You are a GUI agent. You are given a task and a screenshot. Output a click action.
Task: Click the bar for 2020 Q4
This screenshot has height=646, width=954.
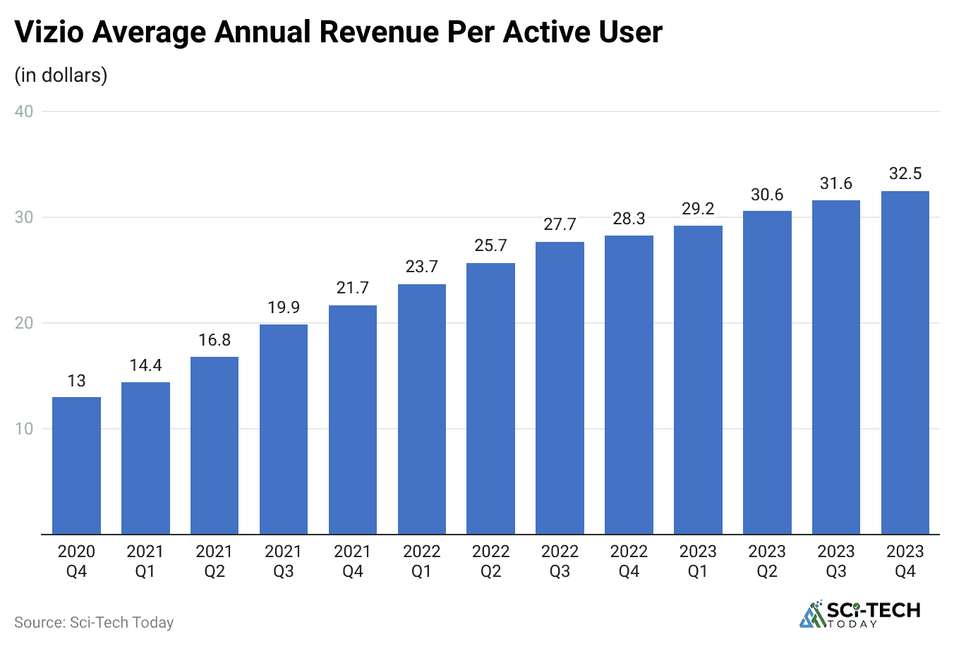point(76,465)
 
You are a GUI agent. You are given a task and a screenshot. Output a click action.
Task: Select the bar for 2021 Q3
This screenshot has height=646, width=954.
point(284,429)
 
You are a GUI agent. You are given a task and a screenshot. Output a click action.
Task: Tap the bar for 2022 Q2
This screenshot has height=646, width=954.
point(490,398)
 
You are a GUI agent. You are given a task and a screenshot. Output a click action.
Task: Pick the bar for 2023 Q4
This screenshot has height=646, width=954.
point(905,362)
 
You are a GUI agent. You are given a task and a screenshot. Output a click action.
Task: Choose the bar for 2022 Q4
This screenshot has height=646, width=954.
point(629,384)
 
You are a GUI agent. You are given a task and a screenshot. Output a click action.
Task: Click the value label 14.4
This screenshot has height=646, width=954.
point(145,365)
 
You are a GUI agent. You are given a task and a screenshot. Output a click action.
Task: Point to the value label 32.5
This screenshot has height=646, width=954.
point(905,173)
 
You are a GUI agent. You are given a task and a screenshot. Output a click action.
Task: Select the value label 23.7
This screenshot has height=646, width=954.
point(421,267)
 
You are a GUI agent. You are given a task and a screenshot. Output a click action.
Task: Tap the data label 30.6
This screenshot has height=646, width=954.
point(767,195)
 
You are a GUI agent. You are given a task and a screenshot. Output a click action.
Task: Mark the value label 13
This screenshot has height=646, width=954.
point(76,381)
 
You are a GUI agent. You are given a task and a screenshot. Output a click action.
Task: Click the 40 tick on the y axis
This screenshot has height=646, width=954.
point(24,111)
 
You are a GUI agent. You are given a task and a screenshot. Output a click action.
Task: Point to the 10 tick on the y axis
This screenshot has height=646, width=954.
point(24,429)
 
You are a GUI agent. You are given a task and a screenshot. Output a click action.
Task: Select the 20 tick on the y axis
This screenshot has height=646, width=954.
point(24,323)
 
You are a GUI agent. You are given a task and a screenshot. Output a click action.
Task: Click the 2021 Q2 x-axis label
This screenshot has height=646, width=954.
point(215,561)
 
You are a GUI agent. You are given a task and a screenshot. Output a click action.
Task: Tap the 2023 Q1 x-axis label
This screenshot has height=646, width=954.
point(698,561)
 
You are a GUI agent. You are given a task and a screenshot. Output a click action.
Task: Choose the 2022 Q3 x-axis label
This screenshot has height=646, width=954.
point(560,561)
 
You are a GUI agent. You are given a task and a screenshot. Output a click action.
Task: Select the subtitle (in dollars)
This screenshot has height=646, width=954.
point(61,75)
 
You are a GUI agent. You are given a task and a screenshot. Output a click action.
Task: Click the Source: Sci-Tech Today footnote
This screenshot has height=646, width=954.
point(94,623)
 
